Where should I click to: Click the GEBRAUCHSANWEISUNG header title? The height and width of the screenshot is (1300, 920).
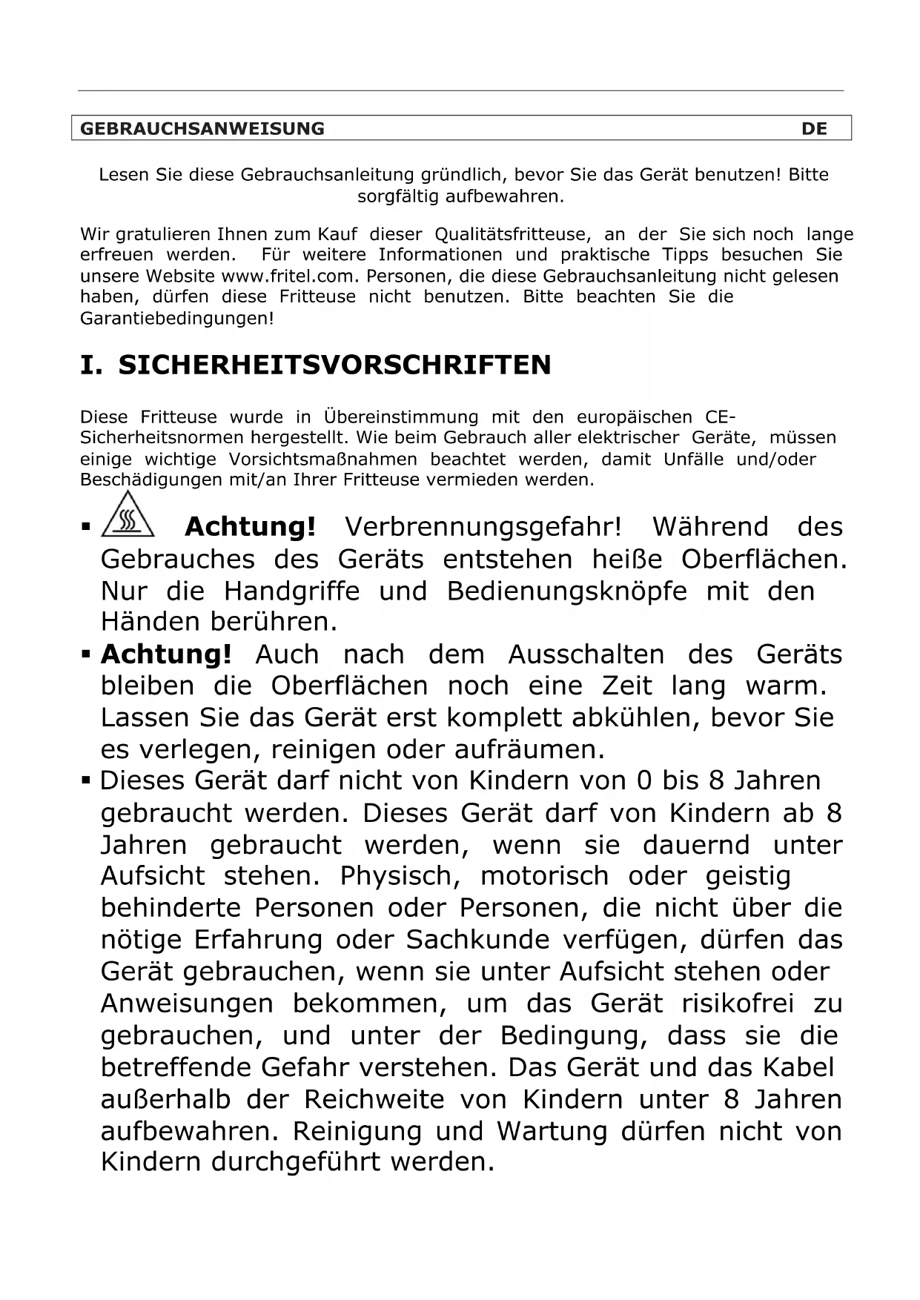202,128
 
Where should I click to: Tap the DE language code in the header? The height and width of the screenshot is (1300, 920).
814,128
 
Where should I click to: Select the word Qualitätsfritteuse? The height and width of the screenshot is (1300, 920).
512,234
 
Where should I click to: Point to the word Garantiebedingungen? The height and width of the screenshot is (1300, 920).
176,319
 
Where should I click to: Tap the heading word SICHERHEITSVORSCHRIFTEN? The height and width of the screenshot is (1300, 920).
334,365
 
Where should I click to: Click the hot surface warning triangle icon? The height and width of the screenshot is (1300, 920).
128,514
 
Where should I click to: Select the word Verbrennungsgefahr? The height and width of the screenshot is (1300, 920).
483,527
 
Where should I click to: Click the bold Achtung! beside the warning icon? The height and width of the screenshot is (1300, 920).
250,527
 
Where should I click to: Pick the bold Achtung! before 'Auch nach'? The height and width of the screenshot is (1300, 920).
166,654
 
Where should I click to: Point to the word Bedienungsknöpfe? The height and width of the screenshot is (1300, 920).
566,591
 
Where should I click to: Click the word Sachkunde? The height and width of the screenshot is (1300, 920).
474,940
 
